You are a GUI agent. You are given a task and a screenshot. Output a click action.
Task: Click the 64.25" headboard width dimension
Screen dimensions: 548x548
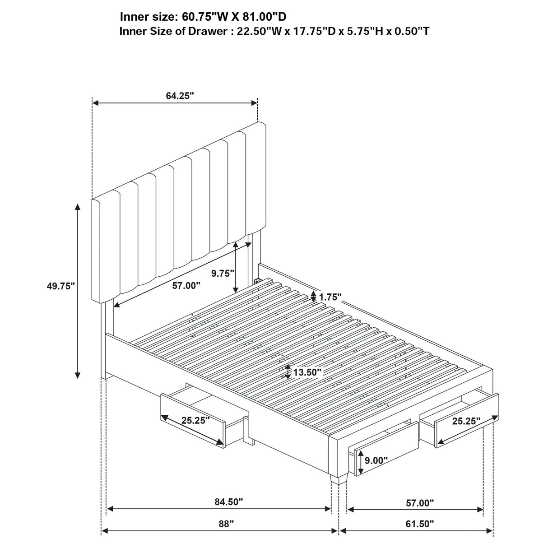[x=180, y=96]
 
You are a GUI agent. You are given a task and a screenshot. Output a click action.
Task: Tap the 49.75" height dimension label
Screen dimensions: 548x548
[x=60, y=286]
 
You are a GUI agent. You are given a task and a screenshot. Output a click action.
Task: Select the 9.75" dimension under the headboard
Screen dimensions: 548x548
[x=223, y=273]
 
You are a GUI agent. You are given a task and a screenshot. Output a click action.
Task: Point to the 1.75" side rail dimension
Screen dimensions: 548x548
[x=330, y=297]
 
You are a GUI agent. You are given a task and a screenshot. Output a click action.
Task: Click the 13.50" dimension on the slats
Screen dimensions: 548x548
[x=307, y=372]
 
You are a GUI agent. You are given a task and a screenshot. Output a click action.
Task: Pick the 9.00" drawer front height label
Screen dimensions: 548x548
[x=376, y=461]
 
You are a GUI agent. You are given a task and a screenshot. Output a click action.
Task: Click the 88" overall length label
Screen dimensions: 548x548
[x=226, y=524]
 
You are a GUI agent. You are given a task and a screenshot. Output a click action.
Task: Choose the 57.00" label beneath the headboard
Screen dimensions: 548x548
[x=186, y=285]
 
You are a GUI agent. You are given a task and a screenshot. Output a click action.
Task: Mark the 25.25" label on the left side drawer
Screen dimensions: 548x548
[x=195, y=420]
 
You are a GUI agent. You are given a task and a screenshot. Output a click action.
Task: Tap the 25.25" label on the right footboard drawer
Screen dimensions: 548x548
[x=466, y=421]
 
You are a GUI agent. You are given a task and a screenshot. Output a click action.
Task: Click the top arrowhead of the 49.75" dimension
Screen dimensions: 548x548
[x=78, y=207]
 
